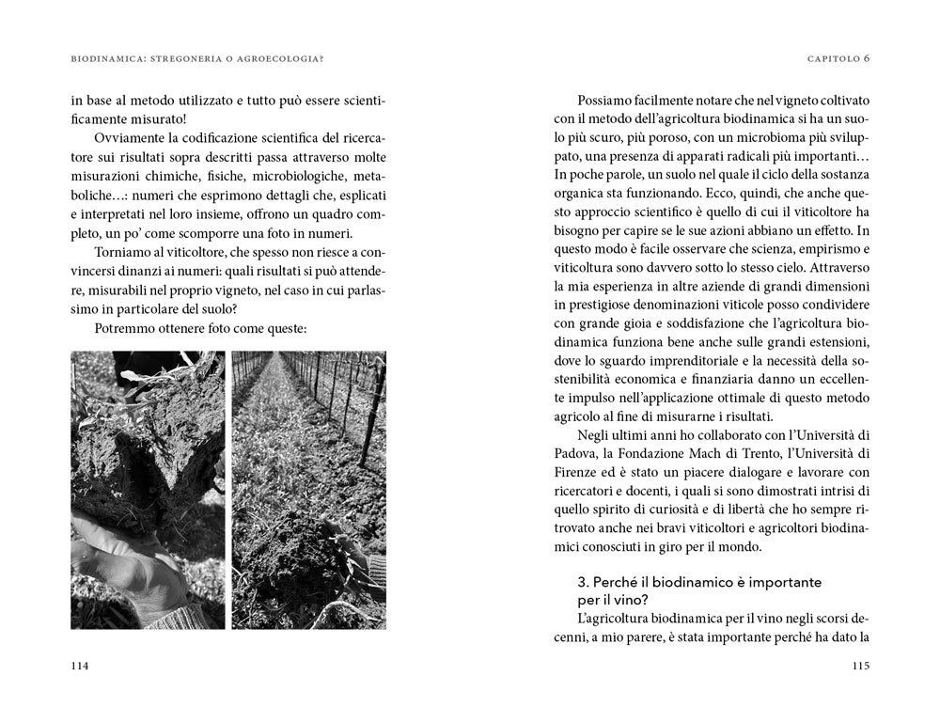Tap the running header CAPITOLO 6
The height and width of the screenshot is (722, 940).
(x=838, y=58)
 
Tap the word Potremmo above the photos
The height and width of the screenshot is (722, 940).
(x=125, y=328)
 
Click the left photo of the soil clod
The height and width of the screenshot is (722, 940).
(x=148, y=490)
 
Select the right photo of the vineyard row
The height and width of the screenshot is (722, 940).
(x=308, y=490)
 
